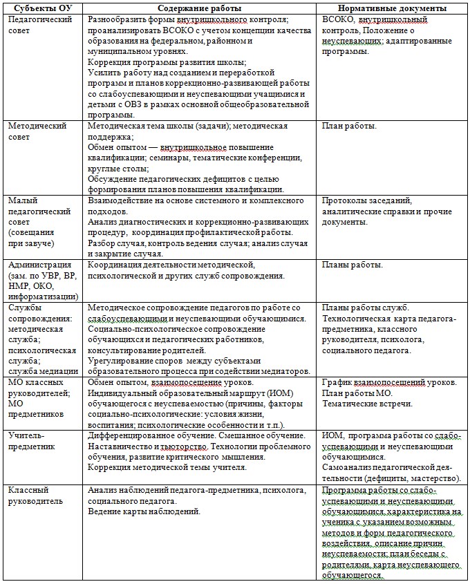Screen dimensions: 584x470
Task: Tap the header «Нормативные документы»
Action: [x=393, y=8]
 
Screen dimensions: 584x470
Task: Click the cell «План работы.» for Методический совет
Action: [x=350, y=126]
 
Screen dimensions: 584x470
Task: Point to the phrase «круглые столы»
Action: [x=116, y=168]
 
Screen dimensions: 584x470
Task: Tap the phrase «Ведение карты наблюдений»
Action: [x=144, y=511]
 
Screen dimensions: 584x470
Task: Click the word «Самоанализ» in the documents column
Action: [x=349, y=468]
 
